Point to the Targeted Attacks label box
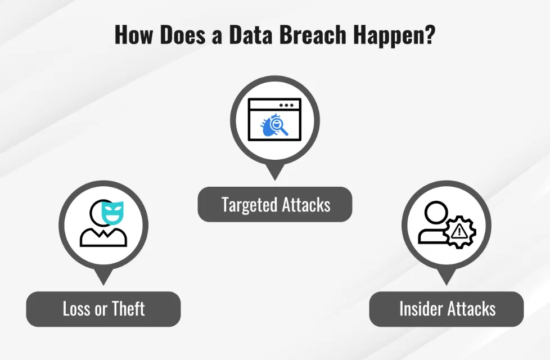coord(275,204)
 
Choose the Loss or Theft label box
coord(103,309)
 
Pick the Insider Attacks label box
coord(447,309)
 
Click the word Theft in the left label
coord(128,309)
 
